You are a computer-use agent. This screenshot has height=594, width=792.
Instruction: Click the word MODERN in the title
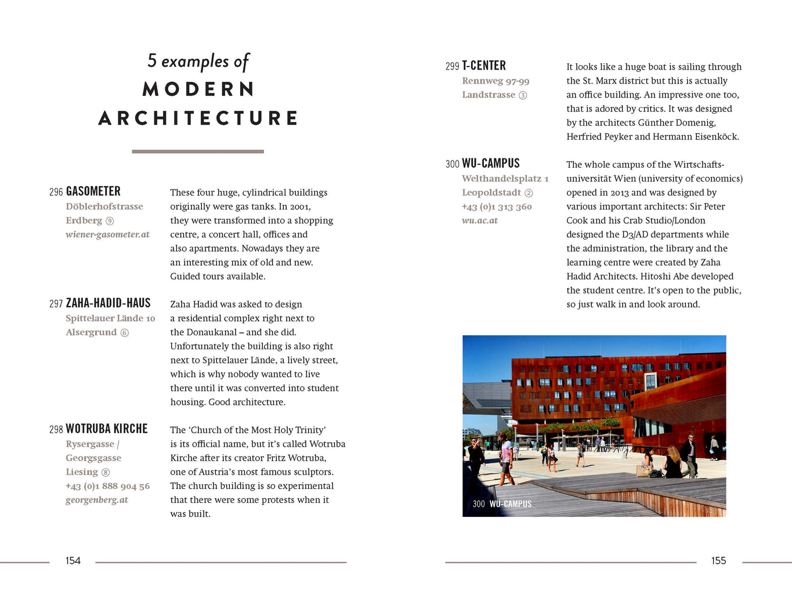tap(198, 89)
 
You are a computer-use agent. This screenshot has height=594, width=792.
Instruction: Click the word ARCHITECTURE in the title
tap(198, 118)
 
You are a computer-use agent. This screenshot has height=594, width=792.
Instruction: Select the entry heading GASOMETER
tap(93, 191)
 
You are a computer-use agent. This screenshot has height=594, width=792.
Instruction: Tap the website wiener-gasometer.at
tap(107, 234)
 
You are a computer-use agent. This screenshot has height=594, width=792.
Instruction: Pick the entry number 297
tap(56, 303)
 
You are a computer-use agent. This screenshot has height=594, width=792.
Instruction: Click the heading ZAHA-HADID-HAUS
tap(109, 303)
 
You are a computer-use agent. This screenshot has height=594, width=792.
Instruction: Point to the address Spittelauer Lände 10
tap(110, 318)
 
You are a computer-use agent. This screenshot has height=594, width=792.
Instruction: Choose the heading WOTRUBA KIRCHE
tap(107, 429)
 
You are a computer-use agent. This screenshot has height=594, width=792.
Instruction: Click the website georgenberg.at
tap(97, 499)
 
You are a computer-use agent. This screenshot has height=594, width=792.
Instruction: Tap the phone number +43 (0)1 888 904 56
tap(108, 486)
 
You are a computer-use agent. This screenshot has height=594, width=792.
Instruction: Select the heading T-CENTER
tap(484, 66)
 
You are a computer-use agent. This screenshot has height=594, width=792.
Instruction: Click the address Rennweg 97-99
tap(496, 81)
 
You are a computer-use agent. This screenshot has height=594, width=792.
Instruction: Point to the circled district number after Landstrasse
tap(523, 95)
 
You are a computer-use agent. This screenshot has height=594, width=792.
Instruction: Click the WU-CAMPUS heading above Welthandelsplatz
tap(491, 164)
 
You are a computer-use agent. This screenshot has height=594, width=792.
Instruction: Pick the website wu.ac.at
tap(480, 220)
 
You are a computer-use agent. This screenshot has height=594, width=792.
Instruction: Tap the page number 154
tap(73, 560)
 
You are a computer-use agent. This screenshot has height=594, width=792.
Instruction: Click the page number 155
tap(718, 560)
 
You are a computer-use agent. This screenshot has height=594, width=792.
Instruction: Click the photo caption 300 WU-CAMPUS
tap(502, 504)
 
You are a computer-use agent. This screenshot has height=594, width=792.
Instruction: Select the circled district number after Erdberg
tap(110, 221)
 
